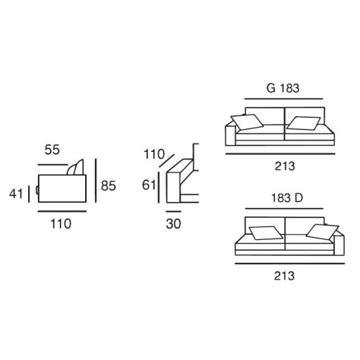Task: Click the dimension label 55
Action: click(52, 150)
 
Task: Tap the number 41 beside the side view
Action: click(16, 194)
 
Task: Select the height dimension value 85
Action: click(109, 185)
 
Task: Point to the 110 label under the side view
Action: click(61, 224)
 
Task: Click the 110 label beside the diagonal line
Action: click(154, 154)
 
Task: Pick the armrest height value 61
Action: click(149, 185)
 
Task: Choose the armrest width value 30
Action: click(173, 224)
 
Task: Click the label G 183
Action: click(283, 88)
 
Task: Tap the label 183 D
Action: click(287, 198)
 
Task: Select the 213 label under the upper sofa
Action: click(285, 166)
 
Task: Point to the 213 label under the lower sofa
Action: click(284, 276)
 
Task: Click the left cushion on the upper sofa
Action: click(247, 122)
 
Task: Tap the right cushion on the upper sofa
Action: click(304, 123)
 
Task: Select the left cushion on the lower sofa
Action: click(266, 233)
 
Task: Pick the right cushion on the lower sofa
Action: click(322, 232)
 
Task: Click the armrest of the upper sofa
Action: click(230, 134)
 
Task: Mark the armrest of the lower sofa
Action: click(339, 244)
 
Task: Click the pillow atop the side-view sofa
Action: click(75, 167)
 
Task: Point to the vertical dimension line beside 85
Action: click(96, 181)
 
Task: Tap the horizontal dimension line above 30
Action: click(173, 211)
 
